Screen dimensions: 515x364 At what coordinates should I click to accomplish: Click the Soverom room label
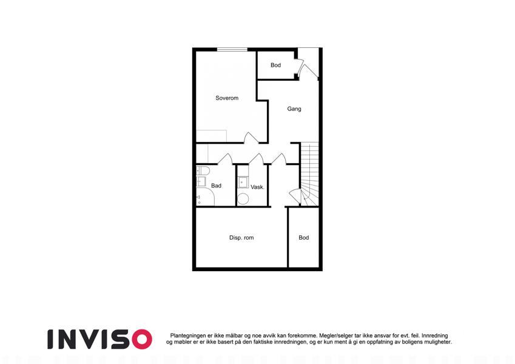pyautogui.click(x=227, y=98)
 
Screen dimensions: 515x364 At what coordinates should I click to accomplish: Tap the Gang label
pyautogui.click(x=294, y=109)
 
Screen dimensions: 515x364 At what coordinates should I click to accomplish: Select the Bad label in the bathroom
pyautogui.click(x=216, y=186)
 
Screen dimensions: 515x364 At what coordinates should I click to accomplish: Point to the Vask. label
pyautogui.click(x=257, y=187)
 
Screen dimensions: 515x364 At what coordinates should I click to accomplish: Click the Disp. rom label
pyautogui.click(x=241, y=238)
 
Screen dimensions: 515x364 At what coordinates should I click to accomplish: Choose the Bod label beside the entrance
pyautogui.click(x=275, y=65)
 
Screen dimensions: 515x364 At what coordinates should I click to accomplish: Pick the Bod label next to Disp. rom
pyautogui.click(x=304, y=238)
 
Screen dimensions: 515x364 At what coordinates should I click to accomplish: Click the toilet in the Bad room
pyautogui.click(x=203, y=171)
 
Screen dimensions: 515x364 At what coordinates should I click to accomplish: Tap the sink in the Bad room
pyautogui.click(x=201, y=181)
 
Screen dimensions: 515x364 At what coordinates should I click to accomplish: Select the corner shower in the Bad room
pyautogui.click(x=205, y=197)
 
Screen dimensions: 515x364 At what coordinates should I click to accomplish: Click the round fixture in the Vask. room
pyautogui.click(x=243, y=199)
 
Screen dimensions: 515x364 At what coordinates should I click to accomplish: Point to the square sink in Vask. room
pyautogui.click(x=243, y=182)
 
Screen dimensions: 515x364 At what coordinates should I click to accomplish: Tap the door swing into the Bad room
pyautogui.click(x=225, y=159)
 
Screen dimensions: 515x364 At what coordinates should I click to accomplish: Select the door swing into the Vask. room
pyautogui.click(x=257, y=159)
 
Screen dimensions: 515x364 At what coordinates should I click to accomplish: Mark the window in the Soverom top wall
pyautogui.click(x=232, y=50)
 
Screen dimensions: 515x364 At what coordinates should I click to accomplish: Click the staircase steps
pyautogui.click(x=309, y=174)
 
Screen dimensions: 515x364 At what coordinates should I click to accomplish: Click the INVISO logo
pyautogui.click(x=100, y=339)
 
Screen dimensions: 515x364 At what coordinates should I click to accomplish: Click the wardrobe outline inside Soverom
pyautogui.click(x=212, y=136)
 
